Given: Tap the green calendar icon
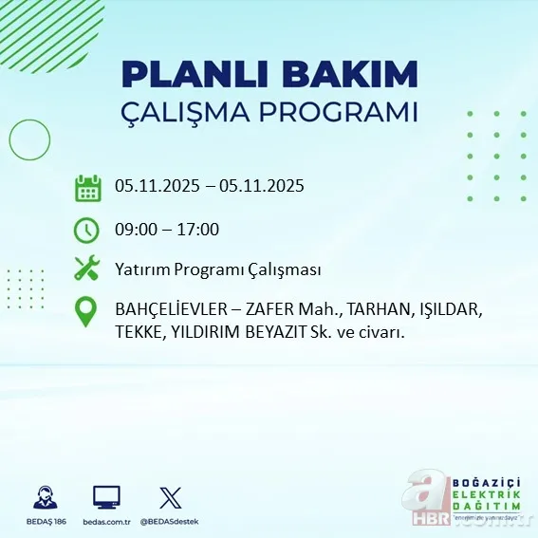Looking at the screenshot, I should [x=87, y=188].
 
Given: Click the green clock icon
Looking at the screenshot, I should [x=86, y=230].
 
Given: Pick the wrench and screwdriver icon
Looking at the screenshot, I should [x=87, y=269].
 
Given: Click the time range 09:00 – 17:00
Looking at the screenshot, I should [x=167, y=230].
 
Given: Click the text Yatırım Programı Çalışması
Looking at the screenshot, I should [x=217, y=269].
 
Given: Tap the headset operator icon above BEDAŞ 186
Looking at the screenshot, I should [x=44, y=497].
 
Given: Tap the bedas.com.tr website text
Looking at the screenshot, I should [x=106, y=522].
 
